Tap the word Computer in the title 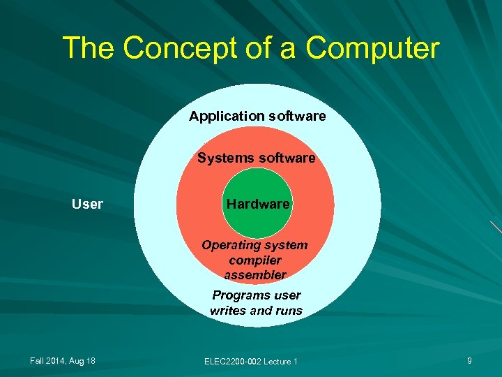coord(373,48)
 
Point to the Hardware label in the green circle coord(257,204)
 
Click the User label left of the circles coord(87,204)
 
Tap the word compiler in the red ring coord(254,260)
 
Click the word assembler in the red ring coord(255,274)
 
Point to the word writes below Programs coord(227,310)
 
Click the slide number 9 coord(469,360)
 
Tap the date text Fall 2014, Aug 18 coord(63,360)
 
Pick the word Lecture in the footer coord(277,361)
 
